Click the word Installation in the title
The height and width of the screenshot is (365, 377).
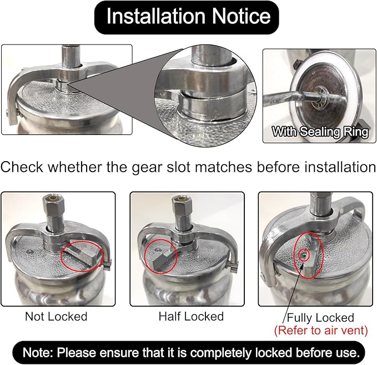(155, 16)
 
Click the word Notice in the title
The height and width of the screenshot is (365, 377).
(241, 16)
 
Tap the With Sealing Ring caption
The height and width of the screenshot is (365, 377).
(320, 132)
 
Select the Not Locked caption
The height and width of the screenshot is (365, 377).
(56, 317)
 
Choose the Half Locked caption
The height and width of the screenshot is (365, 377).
(191, 317)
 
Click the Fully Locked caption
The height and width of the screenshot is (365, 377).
(320, 318)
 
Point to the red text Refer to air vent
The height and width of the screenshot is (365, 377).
(321, 330)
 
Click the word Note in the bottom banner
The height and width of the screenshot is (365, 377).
(38, 353)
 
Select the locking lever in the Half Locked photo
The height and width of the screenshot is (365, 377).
(160, 259)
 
